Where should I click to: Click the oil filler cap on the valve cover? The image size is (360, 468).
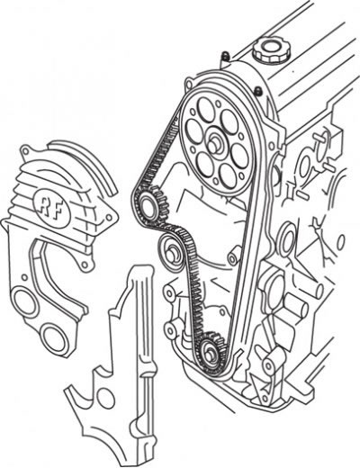pos(272,51)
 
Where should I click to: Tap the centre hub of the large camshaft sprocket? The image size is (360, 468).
pos(214,145)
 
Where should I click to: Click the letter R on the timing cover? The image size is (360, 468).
pos(44,203)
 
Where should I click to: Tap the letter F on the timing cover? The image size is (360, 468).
pos(58,211)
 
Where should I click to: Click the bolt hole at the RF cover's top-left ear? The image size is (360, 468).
pos(25,149)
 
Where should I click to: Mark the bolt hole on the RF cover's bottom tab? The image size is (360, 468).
pos(85,265)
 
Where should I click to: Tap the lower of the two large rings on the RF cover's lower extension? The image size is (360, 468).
pos(53,338)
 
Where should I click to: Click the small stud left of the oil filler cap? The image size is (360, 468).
pos(224,55)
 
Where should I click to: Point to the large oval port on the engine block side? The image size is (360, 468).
pos(288,238)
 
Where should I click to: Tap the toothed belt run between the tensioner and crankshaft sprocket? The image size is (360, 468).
pos(195,288)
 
